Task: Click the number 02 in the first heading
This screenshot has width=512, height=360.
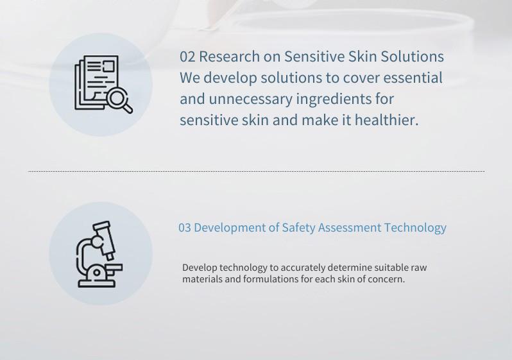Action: [187, 56]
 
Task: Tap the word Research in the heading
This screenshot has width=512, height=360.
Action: [229, 56]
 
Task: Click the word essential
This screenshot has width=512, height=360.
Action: [413, 78]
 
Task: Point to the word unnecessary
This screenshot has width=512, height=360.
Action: [250, 99]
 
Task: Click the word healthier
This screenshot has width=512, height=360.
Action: [387, 120]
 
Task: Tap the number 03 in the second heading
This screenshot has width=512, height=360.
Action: [185, 228]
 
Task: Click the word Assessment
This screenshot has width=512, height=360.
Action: [350, 228]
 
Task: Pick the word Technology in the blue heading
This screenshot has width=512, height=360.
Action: [415, 228]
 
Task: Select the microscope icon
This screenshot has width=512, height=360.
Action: [99, 254]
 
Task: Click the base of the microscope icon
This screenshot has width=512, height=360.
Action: [97, 284]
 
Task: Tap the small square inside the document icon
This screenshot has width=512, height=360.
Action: [108, 66]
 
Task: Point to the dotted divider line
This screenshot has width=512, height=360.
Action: [256, 171]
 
